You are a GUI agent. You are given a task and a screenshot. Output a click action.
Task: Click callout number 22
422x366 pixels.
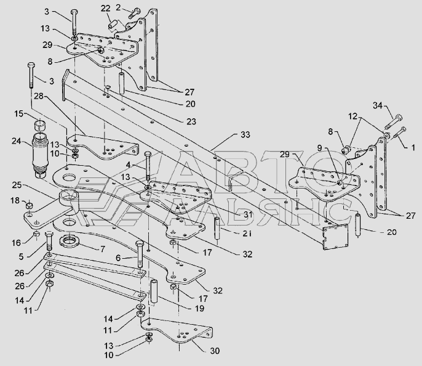[106, 8]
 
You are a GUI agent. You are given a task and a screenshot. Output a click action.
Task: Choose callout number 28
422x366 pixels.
[39, 97]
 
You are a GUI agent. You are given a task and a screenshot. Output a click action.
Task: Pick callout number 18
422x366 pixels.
[15, 200]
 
